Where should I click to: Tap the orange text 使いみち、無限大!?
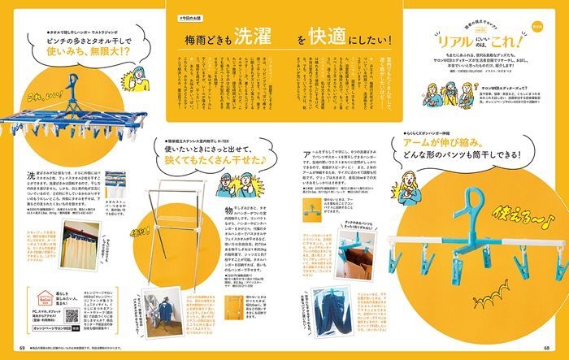point(74,60)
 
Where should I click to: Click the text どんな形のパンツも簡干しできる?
point(461,156)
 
